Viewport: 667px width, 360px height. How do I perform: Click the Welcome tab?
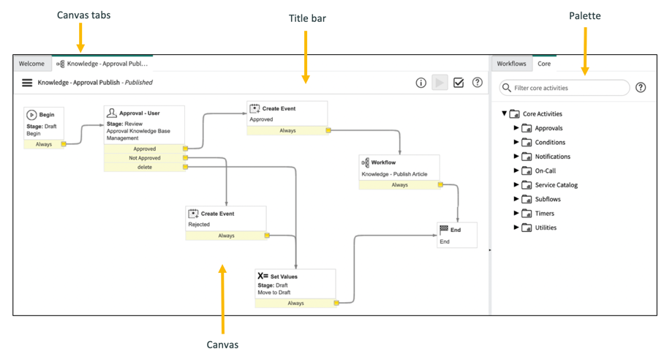click(x=31, y=64)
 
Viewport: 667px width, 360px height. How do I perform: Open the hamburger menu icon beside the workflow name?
click(x=27, y=83)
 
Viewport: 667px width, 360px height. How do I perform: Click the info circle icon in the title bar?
click(x=421, y=83)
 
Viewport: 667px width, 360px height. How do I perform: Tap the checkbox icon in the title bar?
click(x=459, y=83)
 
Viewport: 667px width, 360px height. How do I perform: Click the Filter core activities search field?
click(x=567, y=88)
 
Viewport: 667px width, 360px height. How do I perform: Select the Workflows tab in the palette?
click(x=511, y=64)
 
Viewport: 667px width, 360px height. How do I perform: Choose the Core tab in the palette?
click(x=544, y=64)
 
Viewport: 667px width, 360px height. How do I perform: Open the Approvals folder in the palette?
click(x=549, y=128)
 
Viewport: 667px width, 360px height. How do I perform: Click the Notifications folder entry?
click(x=552, y=157)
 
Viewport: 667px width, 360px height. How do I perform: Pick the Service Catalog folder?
click(x=556, y=185)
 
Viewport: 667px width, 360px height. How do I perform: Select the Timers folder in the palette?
click(x=544, y=214)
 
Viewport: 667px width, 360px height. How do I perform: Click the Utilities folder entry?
click(x=546, y=228)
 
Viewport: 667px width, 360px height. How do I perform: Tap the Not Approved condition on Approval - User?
click(x=144, y=157)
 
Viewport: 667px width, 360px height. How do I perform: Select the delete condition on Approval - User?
click(x=144, y=167)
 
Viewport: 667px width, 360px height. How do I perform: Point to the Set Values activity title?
click(x=284, y=277)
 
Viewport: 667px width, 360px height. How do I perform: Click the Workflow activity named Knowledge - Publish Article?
click(x=399, y=168)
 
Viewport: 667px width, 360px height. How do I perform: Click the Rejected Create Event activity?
click(x=225, y=219)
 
